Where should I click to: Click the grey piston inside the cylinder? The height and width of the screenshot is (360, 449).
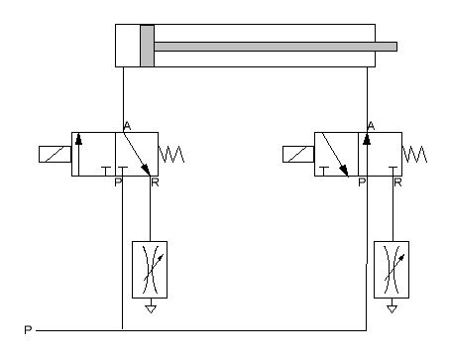[x=147, y=46]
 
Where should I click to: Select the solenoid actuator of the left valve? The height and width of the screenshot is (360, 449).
[x=55, y=154]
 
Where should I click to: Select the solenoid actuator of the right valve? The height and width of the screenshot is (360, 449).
[x=298, y=154]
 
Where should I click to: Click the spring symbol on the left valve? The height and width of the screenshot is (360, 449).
[x=171, y=154]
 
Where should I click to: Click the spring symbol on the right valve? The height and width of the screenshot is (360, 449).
[x=414, y=154]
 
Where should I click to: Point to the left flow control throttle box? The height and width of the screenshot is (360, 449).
[x=150, y=270]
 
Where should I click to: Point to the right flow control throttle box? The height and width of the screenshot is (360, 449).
[x=392, y=270]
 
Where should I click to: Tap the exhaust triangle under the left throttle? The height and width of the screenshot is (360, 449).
[x=151, y=309]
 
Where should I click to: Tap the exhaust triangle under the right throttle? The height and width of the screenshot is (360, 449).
[x=393, y=309]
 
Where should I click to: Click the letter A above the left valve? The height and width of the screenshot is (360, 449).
[x=127, y=126]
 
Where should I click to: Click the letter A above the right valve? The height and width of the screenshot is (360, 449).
[x=371, y=126]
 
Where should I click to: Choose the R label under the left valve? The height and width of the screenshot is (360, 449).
[x=155, y=182]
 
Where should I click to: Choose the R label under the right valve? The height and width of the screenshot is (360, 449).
[x=397, y=182]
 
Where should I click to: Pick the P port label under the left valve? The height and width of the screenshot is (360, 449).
[x=118, y=182]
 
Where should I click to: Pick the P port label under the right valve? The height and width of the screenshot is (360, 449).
[x=362, y=182]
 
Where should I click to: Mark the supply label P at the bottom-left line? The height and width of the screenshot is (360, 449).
[x=28, y=330]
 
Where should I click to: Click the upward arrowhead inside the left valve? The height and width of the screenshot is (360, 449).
[x=78, y=139]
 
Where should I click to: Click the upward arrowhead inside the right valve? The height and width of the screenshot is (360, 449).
[x=367, y=139]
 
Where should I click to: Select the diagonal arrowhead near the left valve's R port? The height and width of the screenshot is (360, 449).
[x=146, y=170]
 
